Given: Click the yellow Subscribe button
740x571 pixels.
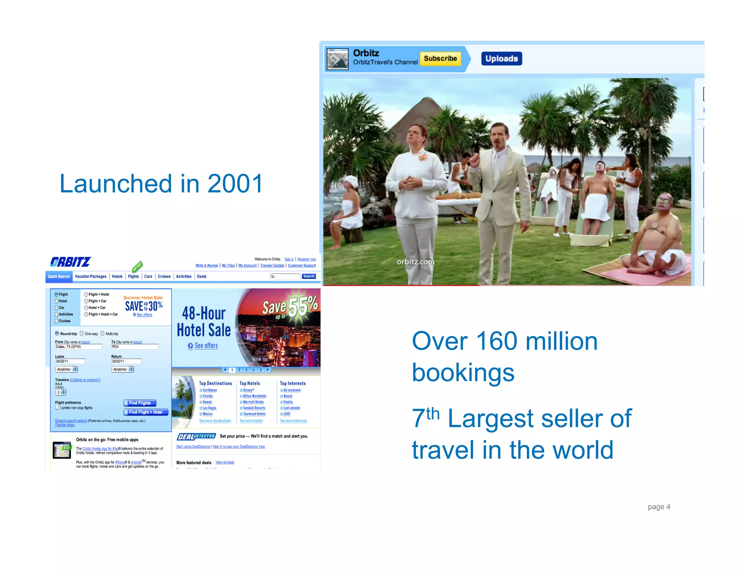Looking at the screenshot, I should click(440, 58).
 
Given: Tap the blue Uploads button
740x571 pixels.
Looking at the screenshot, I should click(501, 58).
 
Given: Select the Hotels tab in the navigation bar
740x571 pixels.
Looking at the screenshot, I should click(117, 276).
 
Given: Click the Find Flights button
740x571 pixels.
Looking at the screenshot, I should click(140, 403).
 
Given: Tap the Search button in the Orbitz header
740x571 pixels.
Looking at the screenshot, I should click(309, 276).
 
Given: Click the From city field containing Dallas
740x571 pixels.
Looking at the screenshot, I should click(78, 347).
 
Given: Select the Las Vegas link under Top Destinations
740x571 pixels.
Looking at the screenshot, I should click(209, 408).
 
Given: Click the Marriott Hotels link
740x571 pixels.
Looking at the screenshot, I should click(253, 402).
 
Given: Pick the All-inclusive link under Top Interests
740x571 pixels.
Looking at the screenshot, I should click(292, 390).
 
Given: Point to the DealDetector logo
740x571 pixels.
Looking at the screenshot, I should click(196, 437).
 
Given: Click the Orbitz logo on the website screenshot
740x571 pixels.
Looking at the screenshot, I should click(71, 262).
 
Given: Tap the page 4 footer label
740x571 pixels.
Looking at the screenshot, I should click(659, 507).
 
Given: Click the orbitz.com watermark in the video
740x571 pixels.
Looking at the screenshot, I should click(416, 262).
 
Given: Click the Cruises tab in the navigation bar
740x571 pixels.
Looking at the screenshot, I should click(164, 276).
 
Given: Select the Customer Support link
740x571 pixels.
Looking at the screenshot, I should click(302, 266).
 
